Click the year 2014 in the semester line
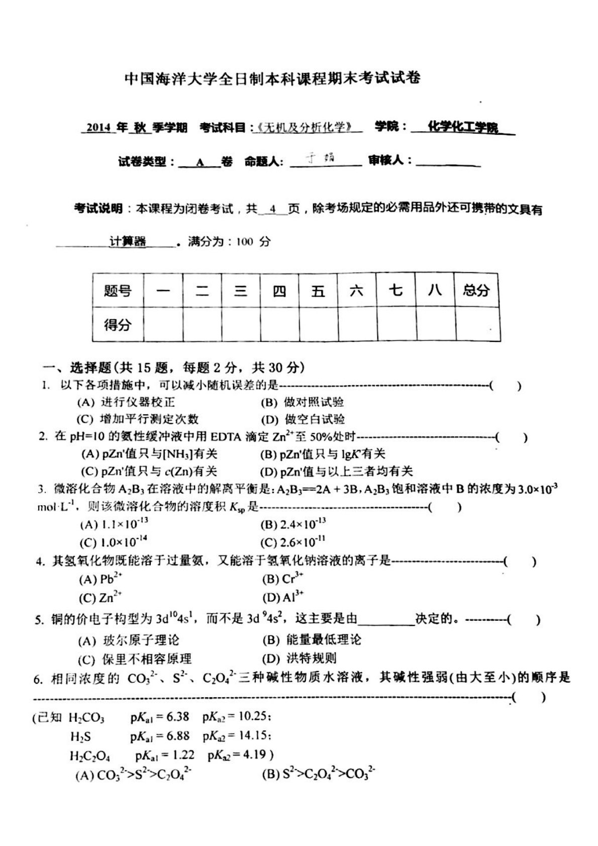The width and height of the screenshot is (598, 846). pos(98,128)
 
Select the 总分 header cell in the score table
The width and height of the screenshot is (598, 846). pos(476,290)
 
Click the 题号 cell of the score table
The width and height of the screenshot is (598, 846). pos(118,291)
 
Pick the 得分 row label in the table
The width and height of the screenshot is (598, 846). pos(118,324)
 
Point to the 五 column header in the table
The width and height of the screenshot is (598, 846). pos(318,291)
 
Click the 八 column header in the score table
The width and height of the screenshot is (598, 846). pos(435,290)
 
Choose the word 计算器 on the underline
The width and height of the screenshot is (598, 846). pos(128,242)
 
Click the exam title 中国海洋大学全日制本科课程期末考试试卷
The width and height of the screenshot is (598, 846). pos(272,78)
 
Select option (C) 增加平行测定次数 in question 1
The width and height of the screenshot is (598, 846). pos(138,419)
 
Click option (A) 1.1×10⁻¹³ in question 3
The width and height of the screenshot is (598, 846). pos(114,524)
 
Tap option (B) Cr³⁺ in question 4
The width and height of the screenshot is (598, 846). pos(282,579)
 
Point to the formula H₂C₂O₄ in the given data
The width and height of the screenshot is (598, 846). pos(90,756)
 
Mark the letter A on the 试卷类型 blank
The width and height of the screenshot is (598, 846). pos(200,162)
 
